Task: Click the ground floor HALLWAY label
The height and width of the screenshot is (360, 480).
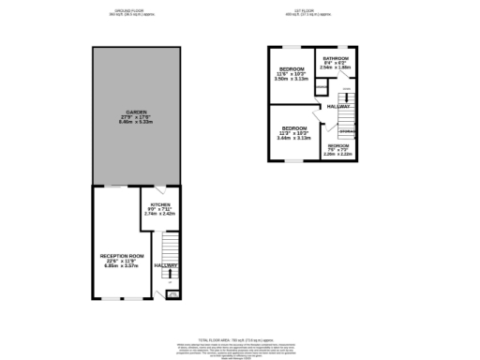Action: coord(165,266)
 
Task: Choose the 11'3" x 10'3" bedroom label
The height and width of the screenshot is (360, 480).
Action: coord(293,127)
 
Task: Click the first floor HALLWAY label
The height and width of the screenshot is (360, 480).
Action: coord(338,107)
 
